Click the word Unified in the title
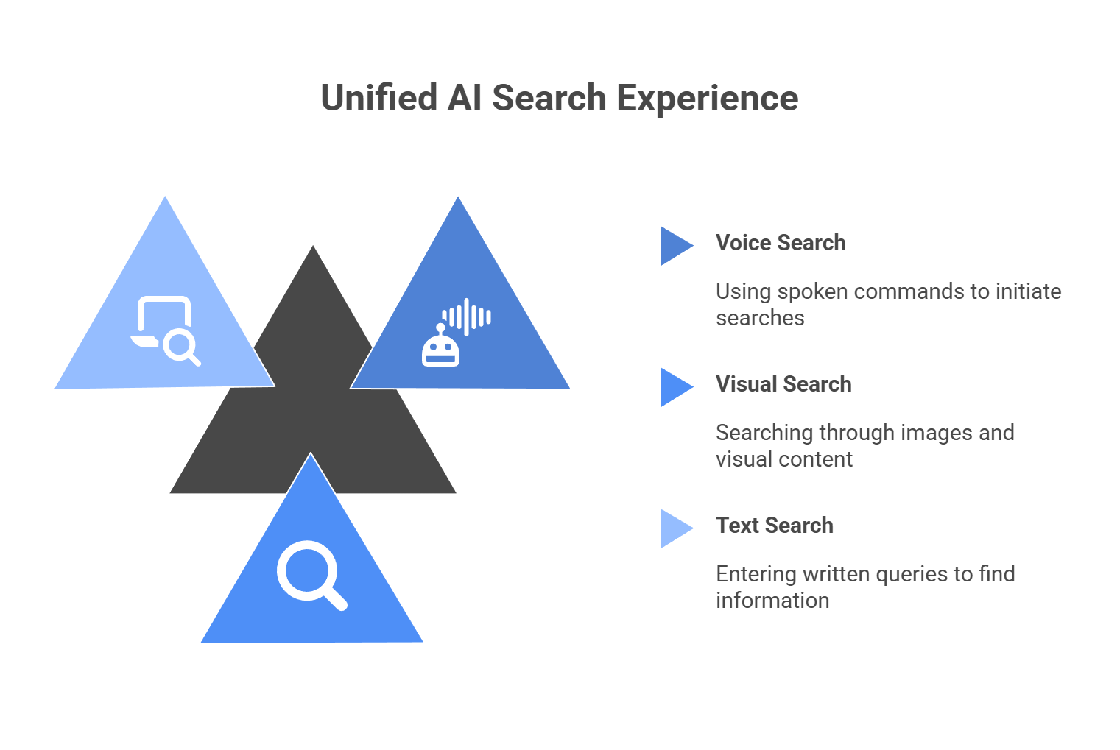378,98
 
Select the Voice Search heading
780,243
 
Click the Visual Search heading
783,384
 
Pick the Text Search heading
774,526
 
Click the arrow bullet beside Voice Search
675,246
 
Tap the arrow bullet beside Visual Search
675,387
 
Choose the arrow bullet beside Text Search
675,528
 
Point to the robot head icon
440,347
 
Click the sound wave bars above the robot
467,317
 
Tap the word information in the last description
772,601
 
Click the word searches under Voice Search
760,318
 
